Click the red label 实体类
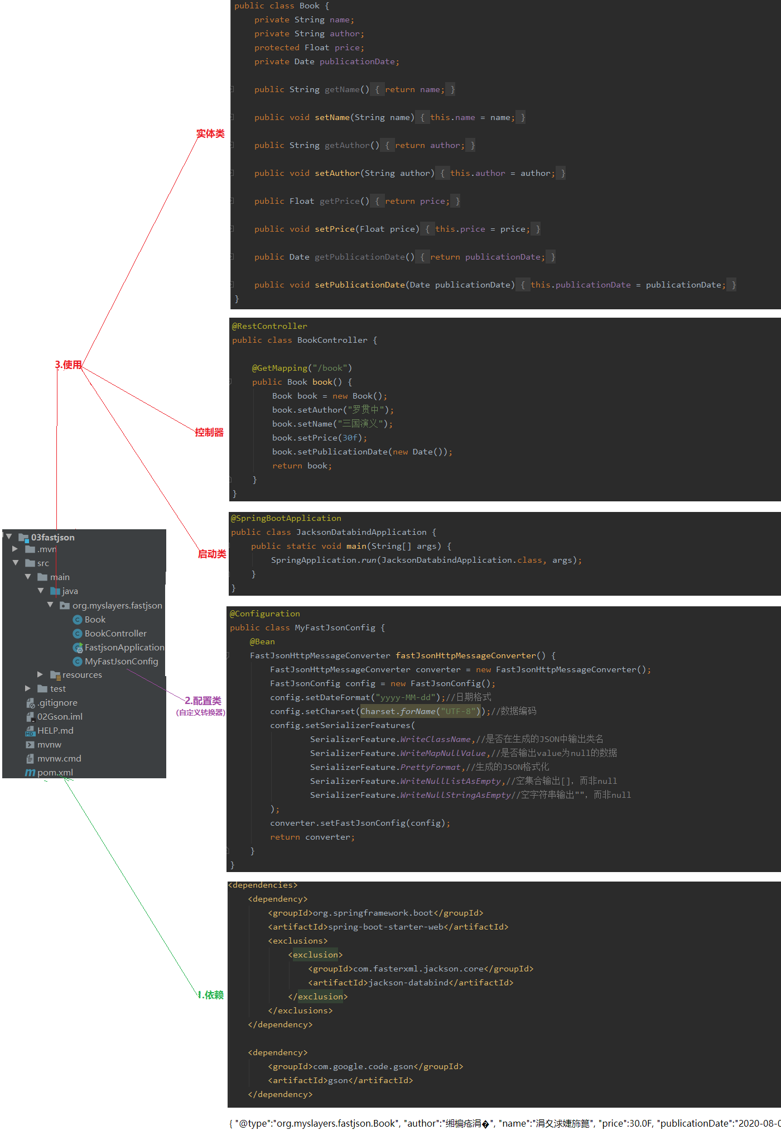tap(210, 134)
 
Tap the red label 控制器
tap(209, 433)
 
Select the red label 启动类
tap(212, 554)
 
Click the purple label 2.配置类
tap(203, 701)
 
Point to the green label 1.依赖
tap(211, 995)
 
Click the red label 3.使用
tap(68, 365)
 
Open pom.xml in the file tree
tap(55, 773)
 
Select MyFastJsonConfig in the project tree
tap(121, 662)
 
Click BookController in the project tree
tap(115, 634)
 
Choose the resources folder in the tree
tap(82, 675)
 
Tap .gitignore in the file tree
tap(57, 703)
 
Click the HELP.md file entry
tap(55, 731)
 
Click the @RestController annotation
tap(269, 327)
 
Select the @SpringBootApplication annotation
tap(286, 519)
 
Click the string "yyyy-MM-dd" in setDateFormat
tap(405, 697)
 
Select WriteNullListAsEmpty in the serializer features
tap(450, 781)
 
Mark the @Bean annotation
tap(262, 642)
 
